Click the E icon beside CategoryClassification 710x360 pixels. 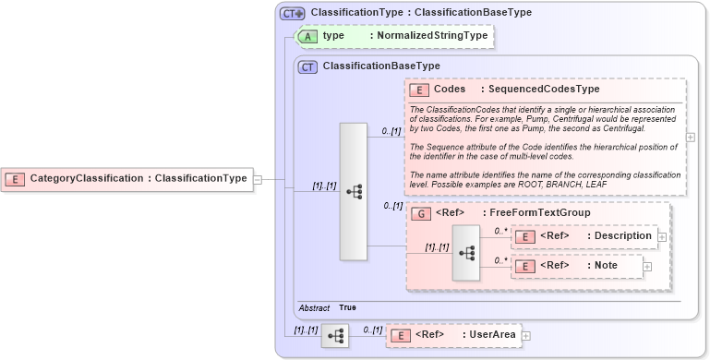click(x=15, y=178)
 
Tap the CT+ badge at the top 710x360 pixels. click(x=293, y=14)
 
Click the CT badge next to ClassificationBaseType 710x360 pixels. click(x=307, y=66)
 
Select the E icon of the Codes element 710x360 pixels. click(x=419, y=90)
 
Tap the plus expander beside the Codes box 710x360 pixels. click(x=691, y=137)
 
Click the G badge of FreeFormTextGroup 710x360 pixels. click(x=419, y=213)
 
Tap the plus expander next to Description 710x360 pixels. click(x=661, y=236)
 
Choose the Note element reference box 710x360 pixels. click(x=577, y=266)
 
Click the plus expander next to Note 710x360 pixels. click(x=646, y=267)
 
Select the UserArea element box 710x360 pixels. click(x=453, y=335)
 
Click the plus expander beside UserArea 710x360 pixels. click(x=526, y=335)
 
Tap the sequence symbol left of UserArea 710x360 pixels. click(x=334, y=335)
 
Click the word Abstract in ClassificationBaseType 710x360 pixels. click(x=314, y=307)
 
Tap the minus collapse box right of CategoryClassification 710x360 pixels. click(x=258, y=179)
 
